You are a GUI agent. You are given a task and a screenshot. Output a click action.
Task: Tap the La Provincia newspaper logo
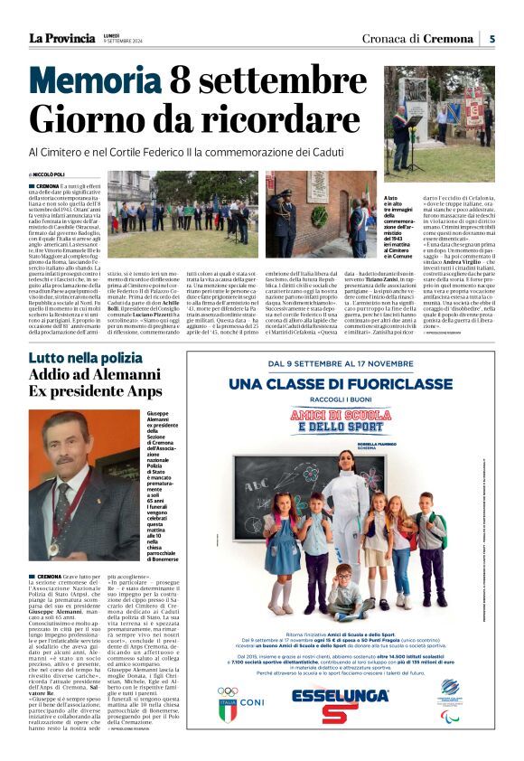tap(61, 38)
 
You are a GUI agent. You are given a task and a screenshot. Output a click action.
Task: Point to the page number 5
tap(491, 38)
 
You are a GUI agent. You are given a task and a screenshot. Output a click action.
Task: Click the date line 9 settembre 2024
tap(123, 42)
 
